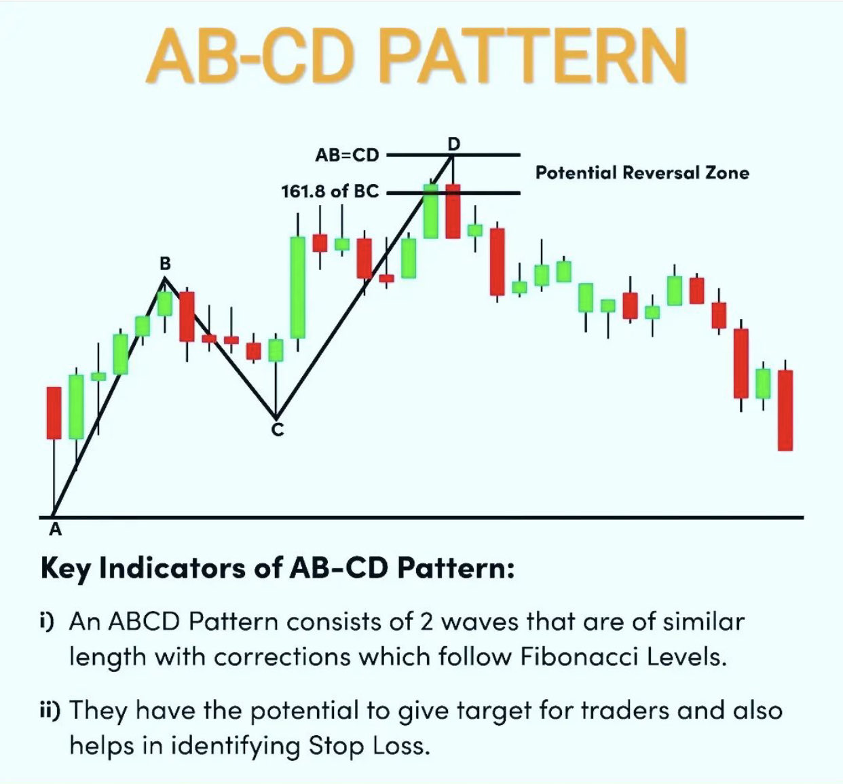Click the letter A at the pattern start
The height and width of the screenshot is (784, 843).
pyautogui.click(x=56, y=529)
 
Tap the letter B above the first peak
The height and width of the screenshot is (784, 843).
pyautogui.click(x=165, y=263)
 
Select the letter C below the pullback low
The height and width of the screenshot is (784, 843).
pyautogui.click(x=278, y=429)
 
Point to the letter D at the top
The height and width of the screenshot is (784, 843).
pyautogui.click(x=454, y=143)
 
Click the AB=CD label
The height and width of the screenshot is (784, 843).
pyautogui.click(x=347, y=155)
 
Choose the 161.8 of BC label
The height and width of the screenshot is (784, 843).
pyautogui.click(x=330, y=192)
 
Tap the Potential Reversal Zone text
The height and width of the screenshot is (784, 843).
pyautogui.click(x=642, y=172)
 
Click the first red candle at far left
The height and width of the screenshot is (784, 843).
pyautogui.click(x=54, y=413)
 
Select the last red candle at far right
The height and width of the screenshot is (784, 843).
pyautogui.click(x=785, y=410)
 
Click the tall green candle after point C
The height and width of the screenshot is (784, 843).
pyautogui.click(x=297, y=287)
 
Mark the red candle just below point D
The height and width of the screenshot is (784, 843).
pyautogui.click(x=453, y=211)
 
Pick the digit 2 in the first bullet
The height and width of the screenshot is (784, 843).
pyautogui.click(x=426, y=622)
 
